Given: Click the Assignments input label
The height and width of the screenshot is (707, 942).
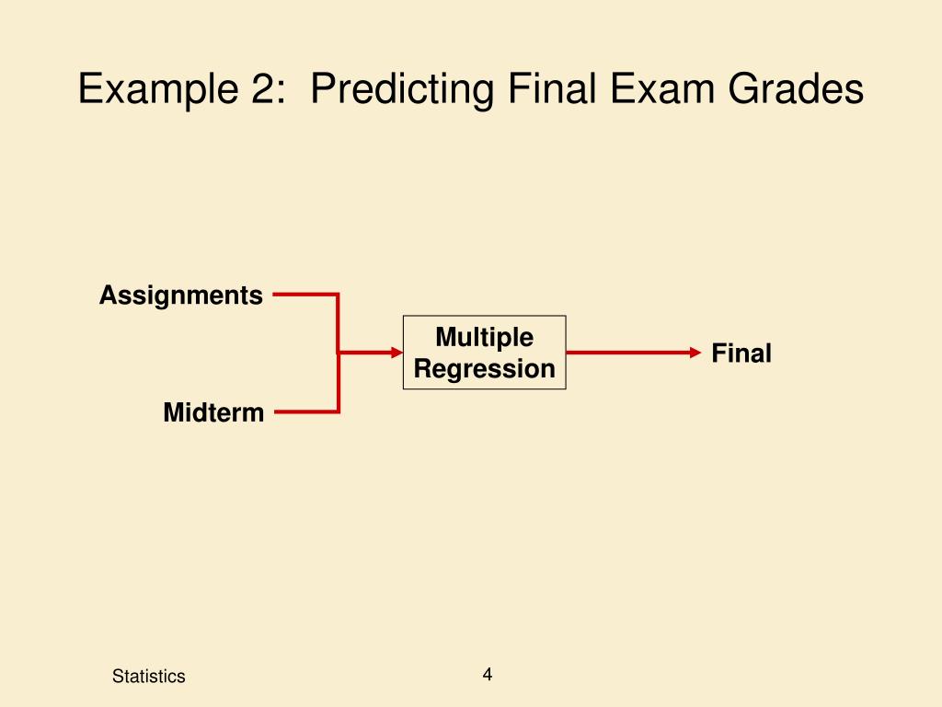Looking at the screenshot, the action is pos(181,296).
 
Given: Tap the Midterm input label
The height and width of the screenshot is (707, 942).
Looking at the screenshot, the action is pos(213,413).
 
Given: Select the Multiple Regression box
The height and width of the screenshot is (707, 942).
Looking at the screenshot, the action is pos(484,353).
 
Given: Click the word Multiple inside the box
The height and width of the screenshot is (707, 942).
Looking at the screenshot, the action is pos(484,337).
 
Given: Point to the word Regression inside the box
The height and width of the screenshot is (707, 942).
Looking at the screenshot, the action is pos(484,369).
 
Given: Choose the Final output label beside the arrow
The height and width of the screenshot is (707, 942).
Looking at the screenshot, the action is pos(741,353).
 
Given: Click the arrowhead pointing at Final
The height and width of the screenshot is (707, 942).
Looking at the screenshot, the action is pos(695,353).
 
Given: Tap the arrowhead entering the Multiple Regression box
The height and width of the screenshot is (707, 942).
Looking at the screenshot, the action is pos(397,353).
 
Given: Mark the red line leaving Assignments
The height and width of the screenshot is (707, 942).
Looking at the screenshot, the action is pos(304,296).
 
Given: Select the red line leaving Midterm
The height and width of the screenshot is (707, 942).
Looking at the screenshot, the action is pos(304,411).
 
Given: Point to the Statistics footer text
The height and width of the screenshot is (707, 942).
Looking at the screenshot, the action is pos(148,677).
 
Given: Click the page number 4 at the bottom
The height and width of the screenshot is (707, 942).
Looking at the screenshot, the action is pos(488,675).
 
